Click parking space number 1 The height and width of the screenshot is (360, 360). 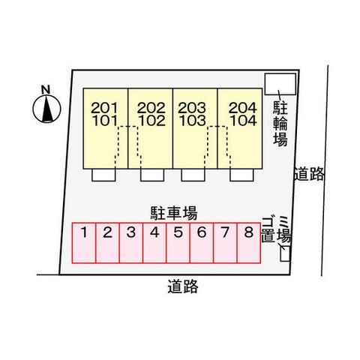(84, 243)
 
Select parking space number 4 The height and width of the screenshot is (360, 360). (154, 243)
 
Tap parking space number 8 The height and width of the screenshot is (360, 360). (249, 243)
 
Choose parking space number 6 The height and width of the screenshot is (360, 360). (202, 243)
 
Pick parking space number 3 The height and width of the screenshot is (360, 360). (131, 243)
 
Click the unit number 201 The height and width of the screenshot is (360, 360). (104, 108)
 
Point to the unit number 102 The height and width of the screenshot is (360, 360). (151, 121)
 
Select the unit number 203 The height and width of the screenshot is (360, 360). (192, 108)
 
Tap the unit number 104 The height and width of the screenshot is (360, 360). (243, 121)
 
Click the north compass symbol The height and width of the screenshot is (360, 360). (46, 109)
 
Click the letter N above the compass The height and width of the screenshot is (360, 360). (46, 89)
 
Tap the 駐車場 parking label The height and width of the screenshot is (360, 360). (174, 213)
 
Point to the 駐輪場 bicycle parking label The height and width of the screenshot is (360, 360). (280, 124)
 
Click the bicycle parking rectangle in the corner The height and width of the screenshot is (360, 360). (280, 84)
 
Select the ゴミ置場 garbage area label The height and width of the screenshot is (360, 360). (276, 229)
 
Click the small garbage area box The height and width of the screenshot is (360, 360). (285, 253)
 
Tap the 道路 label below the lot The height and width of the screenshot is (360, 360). (183, 286)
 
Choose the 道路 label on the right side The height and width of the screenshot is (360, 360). (309, 174)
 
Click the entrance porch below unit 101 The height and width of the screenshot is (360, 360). (103, 175)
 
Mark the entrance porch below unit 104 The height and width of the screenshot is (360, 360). (241, 175)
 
